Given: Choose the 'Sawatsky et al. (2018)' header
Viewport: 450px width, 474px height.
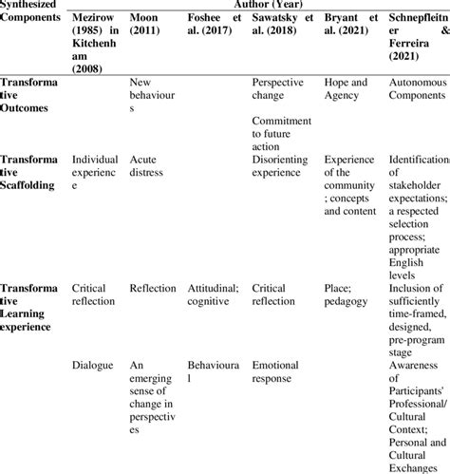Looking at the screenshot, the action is coord(282,28).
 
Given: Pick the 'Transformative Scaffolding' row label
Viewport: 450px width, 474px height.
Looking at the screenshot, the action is coord(33,172).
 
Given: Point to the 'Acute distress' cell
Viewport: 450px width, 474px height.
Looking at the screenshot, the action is coord(149,165).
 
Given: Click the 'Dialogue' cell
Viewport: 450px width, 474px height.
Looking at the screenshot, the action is coord(92,364).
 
